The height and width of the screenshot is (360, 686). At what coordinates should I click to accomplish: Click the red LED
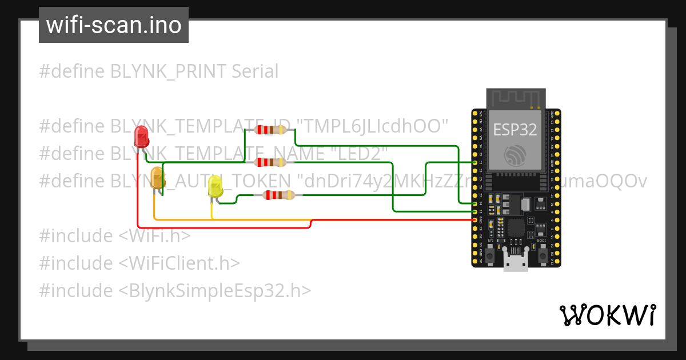[141, 137]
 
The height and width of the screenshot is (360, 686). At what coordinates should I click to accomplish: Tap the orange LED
[157, 177]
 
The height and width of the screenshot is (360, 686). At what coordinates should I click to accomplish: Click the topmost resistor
[270, 130]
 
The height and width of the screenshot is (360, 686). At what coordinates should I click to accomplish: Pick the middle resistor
[270, 162]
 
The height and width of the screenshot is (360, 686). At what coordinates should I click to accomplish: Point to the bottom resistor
[278, 195]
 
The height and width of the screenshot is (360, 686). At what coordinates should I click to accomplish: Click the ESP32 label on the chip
[515, 129]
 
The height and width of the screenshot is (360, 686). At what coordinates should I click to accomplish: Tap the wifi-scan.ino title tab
[114, 25]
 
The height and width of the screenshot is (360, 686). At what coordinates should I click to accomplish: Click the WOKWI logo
[607, 315]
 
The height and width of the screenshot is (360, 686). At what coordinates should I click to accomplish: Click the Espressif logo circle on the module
[515, 155]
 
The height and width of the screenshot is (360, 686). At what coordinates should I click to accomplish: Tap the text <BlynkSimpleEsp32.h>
[215, 291]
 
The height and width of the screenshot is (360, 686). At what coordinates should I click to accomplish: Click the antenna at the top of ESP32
[515, 98]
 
